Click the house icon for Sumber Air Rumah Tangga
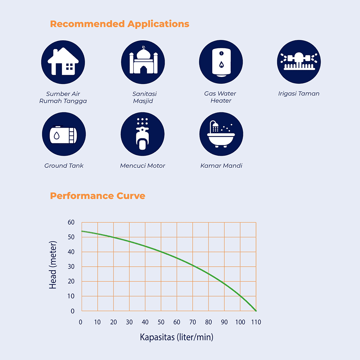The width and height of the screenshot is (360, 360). pyautogui.click(x=63, y=62)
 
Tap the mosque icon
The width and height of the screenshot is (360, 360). pyautogui.click(x=143, y=62)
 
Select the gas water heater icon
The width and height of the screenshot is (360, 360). pyautogui.click(x=221, y=62)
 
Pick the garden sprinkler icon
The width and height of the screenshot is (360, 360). pyautogui.click(x=299, y=62)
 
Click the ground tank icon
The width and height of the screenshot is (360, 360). pyautogui.click(x=64, y=134)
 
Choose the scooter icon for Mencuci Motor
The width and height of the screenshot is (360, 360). pyautogui.click(x=142, y=134)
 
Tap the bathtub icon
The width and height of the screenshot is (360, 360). pyautogui.click(x=221, y=134)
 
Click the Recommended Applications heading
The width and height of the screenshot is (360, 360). pyautogui.click(x=119, y=24)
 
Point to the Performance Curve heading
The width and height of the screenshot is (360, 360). pyautogui.click(x=97, y=196)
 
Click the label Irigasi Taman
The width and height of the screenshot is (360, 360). pyautogui.click(x=299, y=94)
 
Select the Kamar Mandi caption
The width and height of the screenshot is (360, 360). pyautogui.click(x=221, y=166)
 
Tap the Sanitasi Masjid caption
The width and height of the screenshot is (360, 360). pyautogui.click(x=143, y=97)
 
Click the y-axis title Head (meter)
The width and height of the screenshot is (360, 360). pyautogui.click(x=53, y=265)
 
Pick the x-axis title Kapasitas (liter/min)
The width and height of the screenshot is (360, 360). pyautogui.click(x=176, y=337)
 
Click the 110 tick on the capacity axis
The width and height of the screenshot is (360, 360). pyautogui.click(x=256, y=322)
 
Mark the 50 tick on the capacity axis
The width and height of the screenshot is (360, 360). pyautogui.click(x=161, y=322)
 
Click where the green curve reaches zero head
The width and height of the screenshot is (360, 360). pyautogui.click(x=256, y=311)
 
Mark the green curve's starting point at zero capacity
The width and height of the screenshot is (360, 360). pyautogui.click(x=82, y=231)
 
